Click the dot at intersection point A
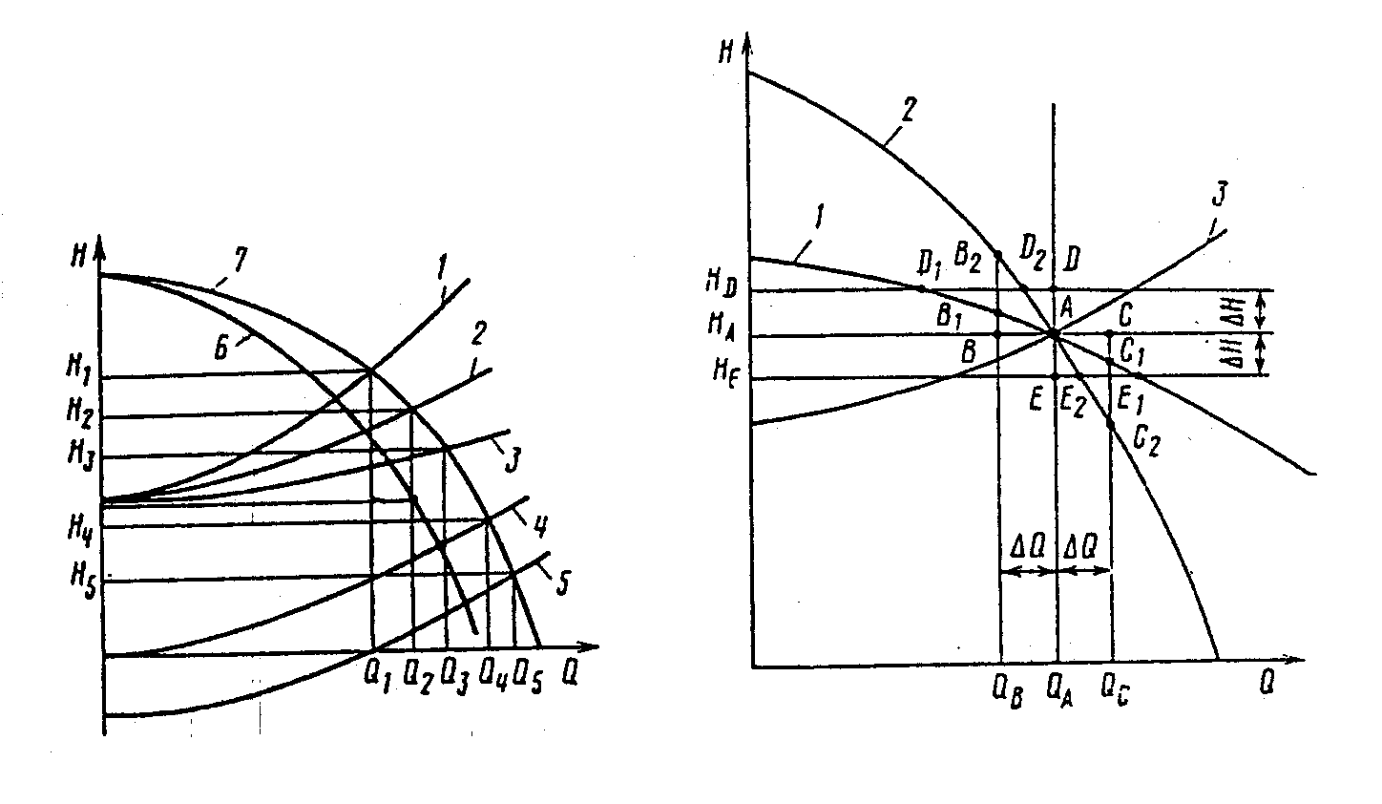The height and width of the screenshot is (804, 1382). pos(1055,333)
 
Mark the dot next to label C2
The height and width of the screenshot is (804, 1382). pos(1111,422)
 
